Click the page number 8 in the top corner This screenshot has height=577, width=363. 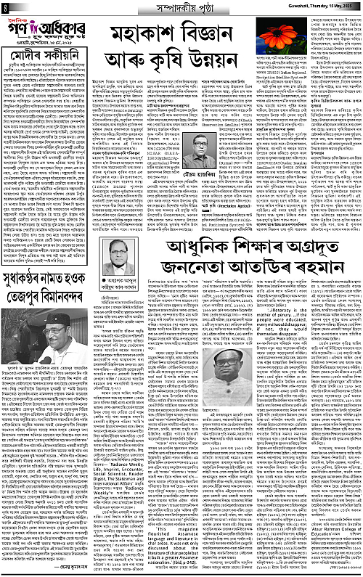[4, 7]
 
